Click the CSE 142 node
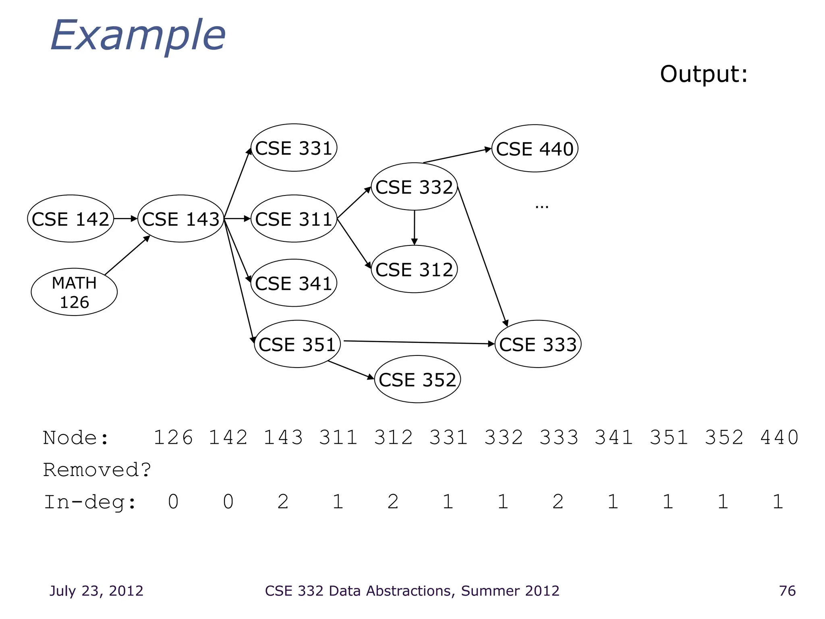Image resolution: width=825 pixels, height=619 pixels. tap(70, 219)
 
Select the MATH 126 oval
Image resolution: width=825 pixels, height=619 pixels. tap(74, 292)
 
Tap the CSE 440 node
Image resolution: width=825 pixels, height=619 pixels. tap(535, 149)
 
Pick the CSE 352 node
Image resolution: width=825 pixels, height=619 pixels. tap(417, 379)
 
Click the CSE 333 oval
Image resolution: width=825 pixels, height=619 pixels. tap(538, 344)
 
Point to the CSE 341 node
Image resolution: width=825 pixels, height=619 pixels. tap(294, 283)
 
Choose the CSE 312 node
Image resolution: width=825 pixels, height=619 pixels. tap(414, 269)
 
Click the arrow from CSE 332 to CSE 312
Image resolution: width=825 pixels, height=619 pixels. tap(414, 228)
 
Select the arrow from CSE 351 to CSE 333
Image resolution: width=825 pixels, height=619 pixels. tap(419, 343)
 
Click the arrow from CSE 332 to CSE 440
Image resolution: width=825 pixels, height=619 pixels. tap(457, 156)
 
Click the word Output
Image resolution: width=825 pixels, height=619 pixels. tap(703, 74)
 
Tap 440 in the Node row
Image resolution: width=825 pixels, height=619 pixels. tap(779, 438)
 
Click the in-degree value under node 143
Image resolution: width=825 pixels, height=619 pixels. tap(283, 502)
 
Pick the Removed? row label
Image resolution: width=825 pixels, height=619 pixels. tap(97, 470)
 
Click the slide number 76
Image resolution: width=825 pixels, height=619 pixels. tap(787, 591)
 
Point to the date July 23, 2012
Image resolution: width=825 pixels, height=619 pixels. tap(96, 591)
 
